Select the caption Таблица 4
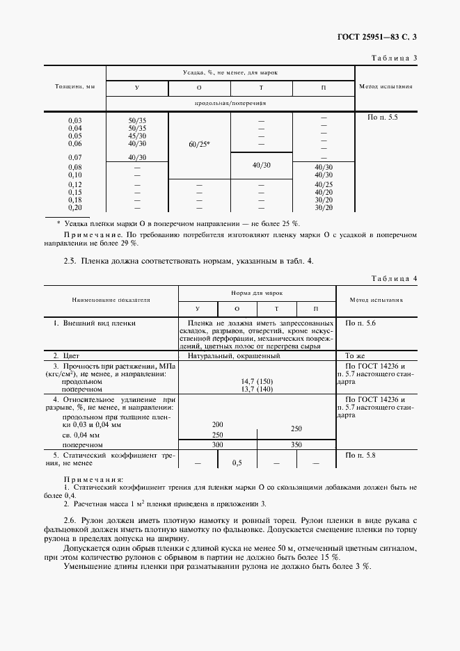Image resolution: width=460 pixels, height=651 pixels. [394, 278]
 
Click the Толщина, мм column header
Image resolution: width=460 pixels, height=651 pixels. [74, 87]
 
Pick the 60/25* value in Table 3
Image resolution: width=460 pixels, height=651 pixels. [199, 144]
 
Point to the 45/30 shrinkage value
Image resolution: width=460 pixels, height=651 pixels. [137, 136]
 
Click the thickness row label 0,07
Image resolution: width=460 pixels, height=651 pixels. [74, 157]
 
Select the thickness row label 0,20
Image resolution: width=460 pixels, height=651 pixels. [74, 207]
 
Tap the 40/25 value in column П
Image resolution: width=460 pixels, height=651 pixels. [324, 184]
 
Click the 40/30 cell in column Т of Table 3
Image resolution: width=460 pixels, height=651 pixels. [262, 165]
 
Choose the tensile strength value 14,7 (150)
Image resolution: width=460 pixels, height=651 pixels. [257, 381]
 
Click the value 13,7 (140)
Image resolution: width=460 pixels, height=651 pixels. [257, 389]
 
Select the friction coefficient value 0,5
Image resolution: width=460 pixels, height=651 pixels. [237, 463]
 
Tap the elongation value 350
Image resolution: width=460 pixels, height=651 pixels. [296, 443]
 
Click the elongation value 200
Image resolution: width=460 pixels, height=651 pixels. [217, 424]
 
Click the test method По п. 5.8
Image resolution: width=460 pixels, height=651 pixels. [360, 454]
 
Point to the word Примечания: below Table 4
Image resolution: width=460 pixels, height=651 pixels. [93, 480]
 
